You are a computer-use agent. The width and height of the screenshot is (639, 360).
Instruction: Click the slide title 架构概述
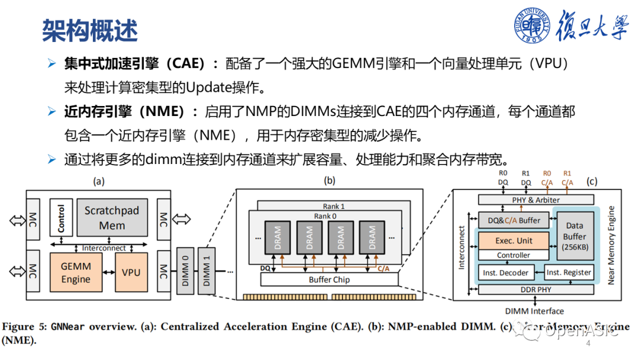click(x=89, y=30)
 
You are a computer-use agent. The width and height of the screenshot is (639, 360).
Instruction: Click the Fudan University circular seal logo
click(x=534, y=27)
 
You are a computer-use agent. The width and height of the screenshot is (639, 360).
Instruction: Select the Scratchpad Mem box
click(x=112, y=218)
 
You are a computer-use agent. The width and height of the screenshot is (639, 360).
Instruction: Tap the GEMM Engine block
click(x=76, y=272)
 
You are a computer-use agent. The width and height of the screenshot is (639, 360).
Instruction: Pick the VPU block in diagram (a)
click(x=131, y=272)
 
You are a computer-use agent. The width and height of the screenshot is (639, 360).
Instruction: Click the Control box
click(x=60, y=218)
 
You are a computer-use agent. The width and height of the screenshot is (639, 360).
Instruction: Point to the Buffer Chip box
click(x=329, y=279)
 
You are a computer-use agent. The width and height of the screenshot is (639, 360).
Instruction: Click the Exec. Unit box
click(x=514, y=241)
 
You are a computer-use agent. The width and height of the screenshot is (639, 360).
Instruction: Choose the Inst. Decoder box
click(x=505, y=272)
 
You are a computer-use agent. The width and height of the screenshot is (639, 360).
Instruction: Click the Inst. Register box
click(x=569, y=272)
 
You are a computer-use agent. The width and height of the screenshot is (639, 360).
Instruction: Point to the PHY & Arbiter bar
click(x=535, y=200)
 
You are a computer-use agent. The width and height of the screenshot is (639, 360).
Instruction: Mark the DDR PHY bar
click(x=535, y=290)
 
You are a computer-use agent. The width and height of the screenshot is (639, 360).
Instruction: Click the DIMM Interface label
click(x=534, y=311)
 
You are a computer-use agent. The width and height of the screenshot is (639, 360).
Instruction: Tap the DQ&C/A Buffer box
click(x=513, y=220)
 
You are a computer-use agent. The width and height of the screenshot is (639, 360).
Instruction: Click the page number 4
click(x=588, y=344)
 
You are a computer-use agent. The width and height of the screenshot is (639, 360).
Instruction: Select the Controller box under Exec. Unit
click(x=513, y=255)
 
